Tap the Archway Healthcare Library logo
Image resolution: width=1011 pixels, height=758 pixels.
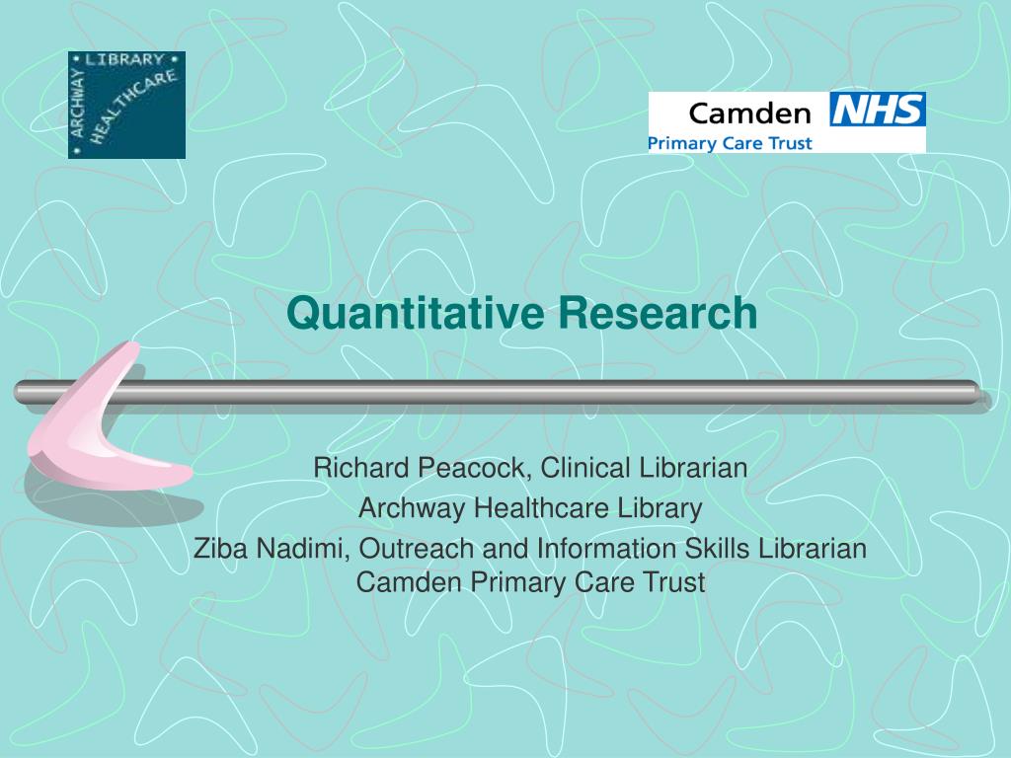tap(126, 105)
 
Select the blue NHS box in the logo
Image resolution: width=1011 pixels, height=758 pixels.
tap(877, 111)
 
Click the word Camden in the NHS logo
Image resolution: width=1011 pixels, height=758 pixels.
tap(749, 113)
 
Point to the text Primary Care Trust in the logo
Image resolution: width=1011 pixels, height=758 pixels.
tap(730, 143)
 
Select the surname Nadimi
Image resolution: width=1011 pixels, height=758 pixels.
tap(300, 549)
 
